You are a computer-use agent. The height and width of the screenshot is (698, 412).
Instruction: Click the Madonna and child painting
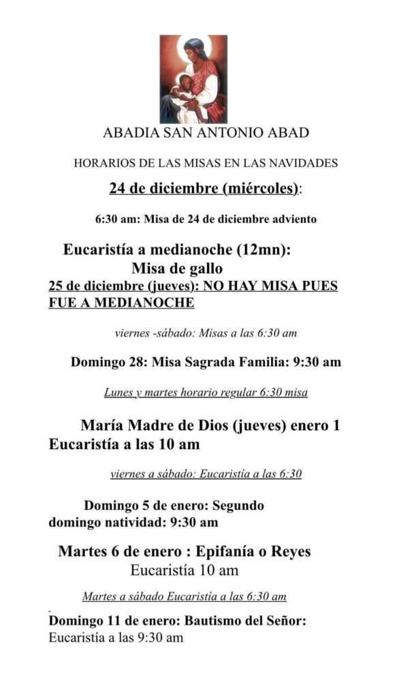coord(193,78)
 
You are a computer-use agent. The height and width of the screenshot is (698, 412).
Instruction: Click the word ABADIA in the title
coord(128,133)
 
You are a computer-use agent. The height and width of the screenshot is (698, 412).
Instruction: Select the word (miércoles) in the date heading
coord(260,188)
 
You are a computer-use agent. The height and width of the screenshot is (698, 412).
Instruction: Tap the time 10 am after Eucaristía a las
coord(180,445)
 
